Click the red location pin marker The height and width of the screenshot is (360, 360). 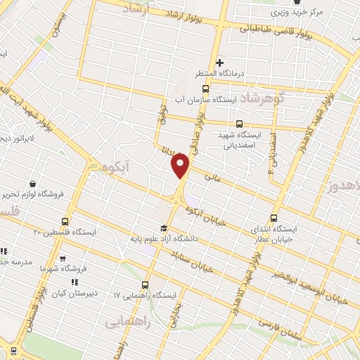(x=181, y=166)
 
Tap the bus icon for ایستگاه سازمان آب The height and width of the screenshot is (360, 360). (x=205, y=89)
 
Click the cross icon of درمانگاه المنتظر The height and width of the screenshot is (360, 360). (x=220, y=63)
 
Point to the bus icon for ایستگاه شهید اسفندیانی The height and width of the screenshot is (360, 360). (x=240, y=124)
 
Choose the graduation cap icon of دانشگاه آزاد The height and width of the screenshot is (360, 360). (x=164, y=227)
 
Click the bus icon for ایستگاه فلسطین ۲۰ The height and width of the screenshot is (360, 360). (x=65, y=221)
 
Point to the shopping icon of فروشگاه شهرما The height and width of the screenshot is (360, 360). (x=63, y=259)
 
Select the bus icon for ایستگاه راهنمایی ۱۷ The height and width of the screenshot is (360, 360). (x=145, y=285)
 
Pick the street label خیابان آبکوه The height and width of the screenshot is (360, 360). (x=206, y=210)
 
